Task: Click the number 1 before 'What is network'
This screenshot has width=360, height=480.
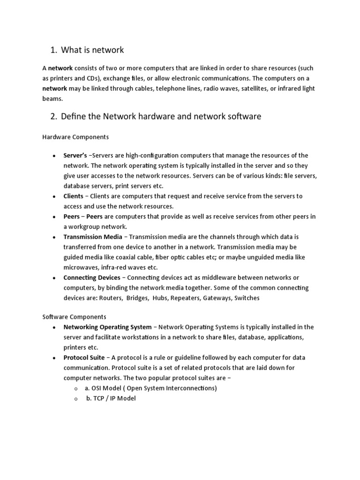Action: pyautogui.click(x=52, y=50)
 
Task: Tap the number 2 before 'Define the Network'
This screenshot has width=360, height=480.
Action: pyautogui.click(x=53, y=117)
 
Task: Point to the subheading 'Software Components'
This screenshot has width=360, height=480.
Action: pyautogui.click(x=75, y=317)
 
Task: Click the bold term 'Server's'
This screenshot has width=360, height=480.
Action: pyautogui.click(x=75, y=156)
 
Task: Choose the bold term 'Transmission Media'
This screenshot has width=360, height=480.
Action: pyautogui.click(x=93, y=237)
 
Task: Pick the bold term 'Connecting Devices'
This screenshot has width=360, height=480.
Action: pyautogui.click(x=92, y=277)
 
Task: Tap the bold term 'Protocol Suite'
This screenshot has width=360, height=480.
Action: pyautogui.click(x=83, y=358)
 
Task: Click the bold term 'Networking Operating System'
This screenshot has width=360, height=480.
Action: pyautogui.click(x=107, y=327)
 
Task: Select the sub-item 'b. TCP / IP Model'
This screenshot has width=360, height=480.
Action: pyautogui.click(x=111, y=398)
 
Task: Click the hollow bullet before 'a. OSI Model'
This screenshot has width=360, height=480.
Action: pyautogui.click(x=76, y=389)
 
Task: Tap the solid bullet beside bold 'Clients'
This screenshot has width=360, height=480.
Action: pyautogui.click(x=54, y=196)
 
